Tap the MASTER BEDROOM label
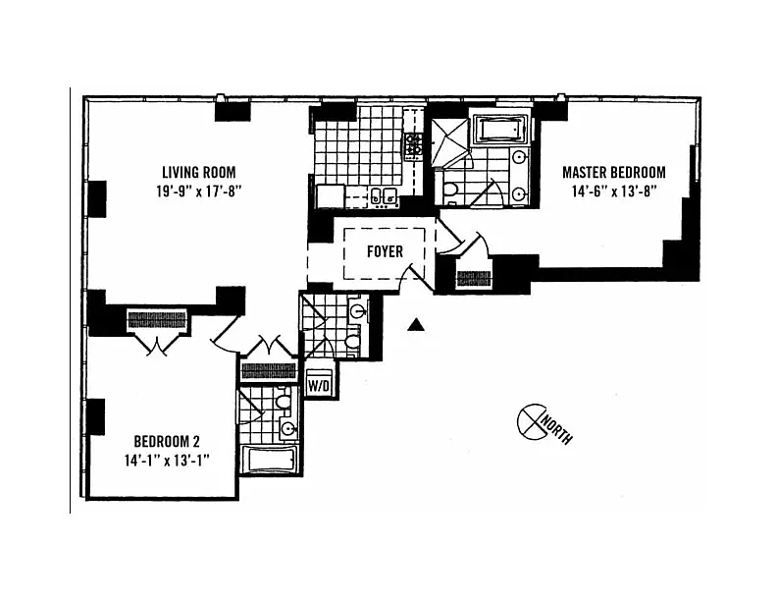click(x=613, y=172)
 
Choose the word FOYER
click(x=385, y=251)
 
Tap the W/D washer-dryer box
click(x=320, y=385)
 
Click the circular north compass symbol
click(x=531, y=420)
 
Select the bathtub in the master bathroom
click(x=501, y=130)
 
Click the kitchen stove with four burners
click(x=414, y=147)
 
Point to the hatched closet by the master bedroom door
click(x=475, y=279)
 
